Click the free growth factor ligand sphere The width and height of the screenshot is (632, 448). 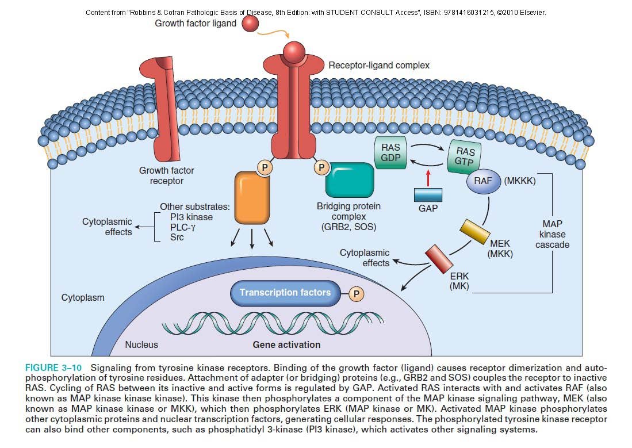(250, 24)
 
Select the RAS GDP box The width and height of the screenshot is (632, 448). (390, 152)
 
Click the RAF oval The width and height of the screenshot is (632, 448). (484, 181)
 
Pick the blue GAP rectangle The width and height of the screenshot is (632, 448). (427, 195)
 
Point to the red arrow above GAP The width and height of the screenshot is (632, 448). (427, 177)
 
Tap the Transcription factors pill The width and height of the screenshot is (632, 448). (285, 293)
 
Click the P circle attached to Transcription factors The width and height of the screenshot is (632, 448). (357, 294)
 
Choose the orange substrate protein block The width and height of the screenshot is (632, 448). (252, 198)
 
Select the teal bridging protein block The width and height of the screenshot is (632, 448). (349, 180)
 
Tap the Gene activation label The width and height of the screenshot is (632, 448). (286, 344)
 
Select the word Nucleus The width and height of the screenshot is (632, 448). (141, 344)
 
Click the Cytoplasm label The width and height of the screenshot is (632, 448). (83, 298)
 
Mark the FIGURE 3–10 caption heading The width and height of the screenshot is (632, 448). (54, 367)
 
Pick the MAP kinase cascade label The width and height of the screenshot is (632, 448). (553, 233)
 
